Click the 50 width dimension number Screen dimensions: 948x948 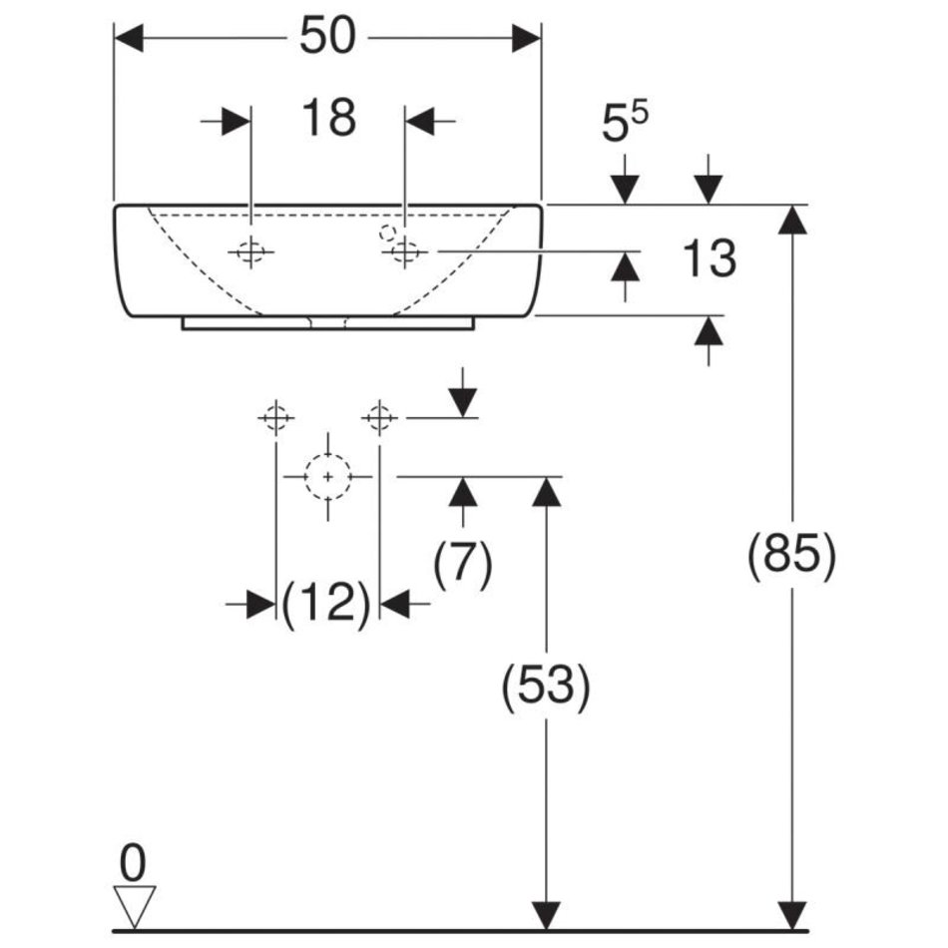tap(327, 37)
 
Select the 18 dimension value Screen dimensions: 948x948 tap(328, 118)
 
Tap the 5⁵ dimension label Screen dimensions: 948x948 tap(624, 124)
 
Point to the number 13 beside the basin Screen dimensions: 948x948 tap(710, 258)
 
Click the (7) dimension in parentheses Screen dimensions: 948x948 tap(462, 565)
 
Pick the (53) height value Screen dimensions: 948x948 tap(545, 686)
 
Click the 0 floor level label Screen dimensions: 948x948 tap(132, 859)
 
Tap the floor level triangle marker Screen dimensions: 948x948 tap(133, 905)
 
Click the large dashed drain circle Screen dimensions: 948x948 tap(327, 477)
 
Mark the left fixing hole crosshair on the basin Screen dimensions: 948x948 tap(250, 252)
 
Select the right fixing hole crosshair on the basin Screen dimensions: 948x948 tap(404, 252)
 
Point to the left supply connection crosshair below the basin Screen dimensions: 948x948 tap(275, 416)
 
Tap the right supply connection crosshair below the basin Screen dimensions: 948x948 tap(379, 416)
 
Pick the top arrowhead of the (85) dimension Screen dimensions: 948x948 tap(792, 220)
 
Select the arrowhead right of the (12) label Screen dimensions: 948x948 tap(395, 604)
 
